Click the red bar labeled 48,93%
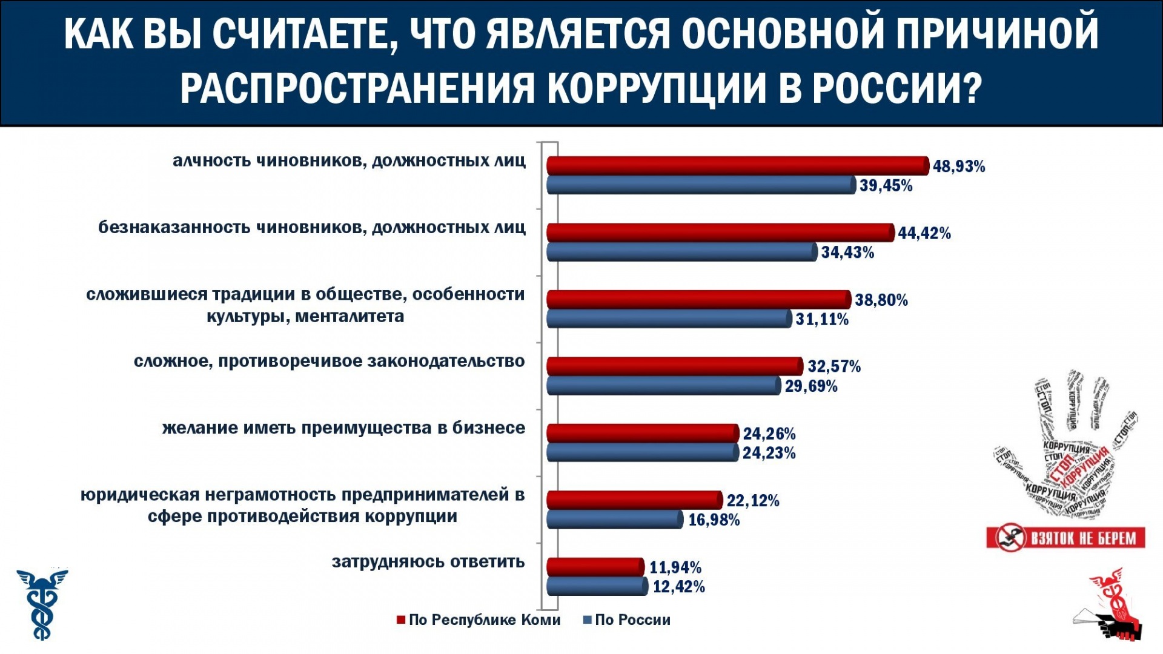coord(738,166)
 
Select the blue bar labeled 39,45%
coord(701,185)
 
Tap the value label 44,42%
coord(924,233)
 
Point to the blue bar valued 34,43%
coord(682,253)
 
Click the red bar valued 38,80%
coord(699,300)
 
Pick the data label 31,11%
coord(822,319)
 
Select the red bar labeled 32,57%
coord(675,366)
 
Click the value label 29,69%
coord(811,386)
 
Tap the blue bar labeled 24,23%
coord(643,453)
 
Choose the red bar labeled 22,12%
coord(635,500)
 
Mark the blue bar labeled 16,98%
coord(615,520)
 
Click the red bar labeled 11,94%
coord(595,567)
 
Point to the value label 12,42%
coord(678,587)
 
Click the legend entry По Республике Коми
coord(479,620)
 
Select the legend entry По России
coord(626,620)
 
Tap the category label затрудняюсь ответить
coord(428,562)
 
